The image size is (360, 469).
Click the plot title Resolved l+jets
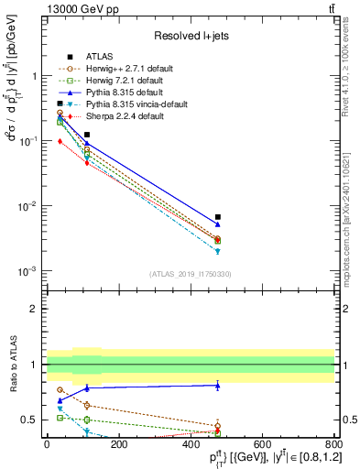(x=191, y=36)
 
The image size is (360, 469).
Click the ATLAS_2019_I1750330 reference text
(x=191, y=274)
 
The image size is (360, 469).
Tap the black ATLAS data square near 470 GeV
(x=217, y=217)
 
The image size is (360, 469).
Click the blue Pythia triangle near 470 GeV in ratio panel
(x=217, y=386)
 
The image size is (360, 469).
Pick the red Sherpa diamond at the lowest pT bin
(x=60, y=141)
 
